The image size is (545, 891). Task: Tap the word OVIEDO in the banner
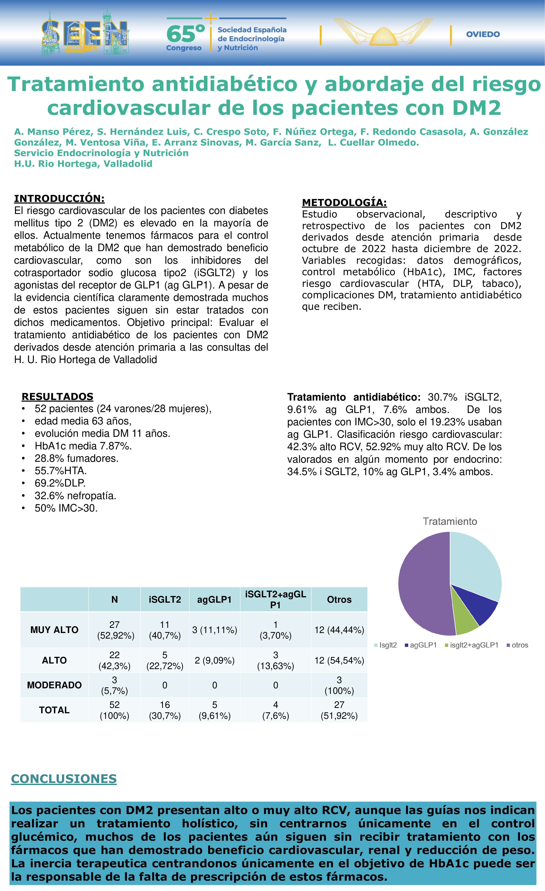[483, 34]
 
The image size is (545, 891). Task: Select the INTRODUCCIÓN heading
[59, 198]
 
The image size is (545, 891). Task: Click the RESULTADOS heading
[57, 397]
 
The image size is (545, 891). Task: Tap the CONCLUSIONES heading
[64, 779]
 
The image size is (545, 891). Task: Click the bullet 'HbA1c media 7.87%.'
[83, 446]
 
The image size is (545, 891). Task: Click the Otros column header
[339, 600]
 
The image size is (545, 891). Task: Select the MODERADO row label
[54, 685]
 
